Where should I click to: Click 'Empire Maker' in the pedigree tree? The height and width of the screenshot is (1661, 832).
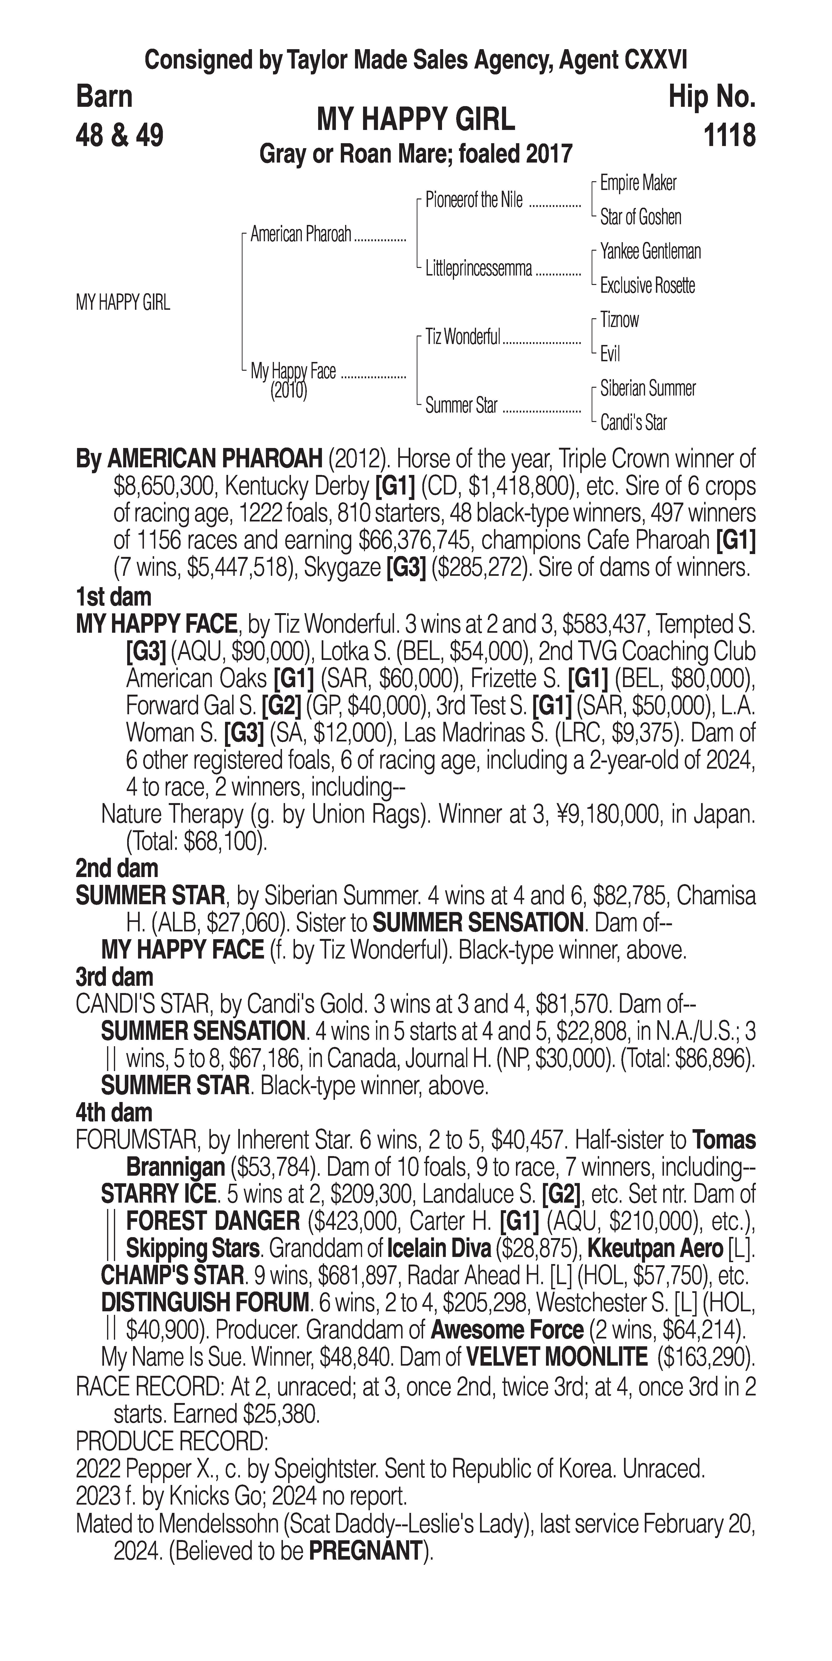click(638, 183)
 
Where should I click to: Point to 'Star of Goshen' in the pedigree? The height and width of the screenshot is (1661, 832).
click(641, 217)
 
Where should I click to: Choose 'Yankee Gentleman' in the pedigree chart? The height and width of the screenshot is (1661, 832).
click(650, 251)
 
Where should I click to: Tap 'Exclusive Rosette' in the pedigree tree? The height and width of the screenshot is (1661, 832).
click(648, 286)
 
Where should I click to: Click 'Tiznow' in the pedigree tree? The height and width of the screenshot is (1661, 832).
click(619, 320)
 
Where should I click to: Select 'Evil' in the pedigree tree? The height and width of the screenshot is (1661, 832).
click(610, 354)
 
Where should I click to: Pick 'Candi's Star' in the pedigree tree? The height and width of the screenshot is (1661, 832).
click(633, 423)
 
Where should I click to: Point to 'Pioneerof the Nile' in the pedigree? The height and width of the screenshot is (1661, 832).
click(474, 201)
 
